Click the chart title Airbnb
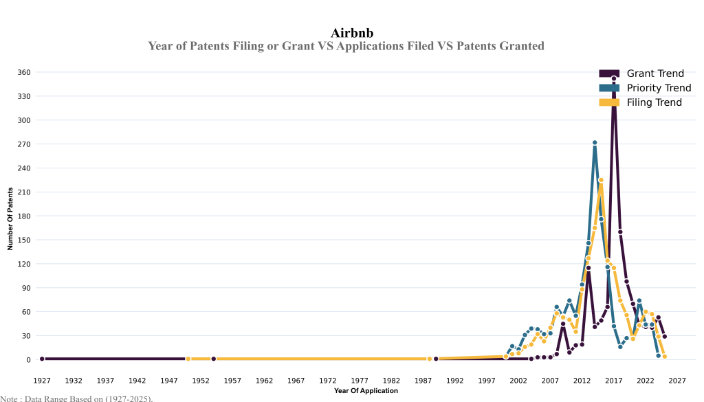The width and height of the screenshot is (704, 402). tap(352, 33)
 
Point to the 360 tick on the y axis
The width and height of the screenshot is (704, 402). tap(24, 72)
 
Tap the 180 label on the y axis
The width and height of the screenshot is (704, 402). tap(24, 216)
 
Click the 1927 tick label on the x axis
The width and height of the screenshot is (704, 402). tap(42, 380)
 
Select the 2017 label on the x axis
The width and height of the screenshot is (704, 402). tap(614, 380)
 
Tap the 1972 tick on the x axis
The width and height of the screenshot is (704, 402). tap(328, 380)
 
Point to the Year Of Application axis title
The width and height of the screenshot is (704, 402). tap(366, 391)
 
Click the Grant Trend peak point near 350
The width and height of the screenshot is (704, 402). tap(614, 78)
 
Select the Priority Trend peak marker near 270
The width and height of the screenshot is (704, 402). tap(595, 143)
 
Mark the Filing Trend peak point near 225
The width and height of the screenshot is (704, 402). tap(601, 180)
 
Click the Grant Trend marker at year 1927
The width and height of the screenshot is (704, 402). tap(42, 359)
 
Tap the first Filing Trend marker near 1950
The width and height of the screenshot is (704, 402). tap(188, 359)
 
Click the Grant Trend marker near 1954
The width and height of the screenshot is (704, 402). tap(214, 359)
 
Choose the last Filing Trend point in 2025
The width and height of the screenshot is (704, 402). tap(664, 357)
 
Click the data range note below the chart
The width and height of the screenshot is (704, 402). tap(76, 398)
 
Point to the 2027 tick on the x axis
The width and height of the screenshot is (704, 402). tap(677, 380)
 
